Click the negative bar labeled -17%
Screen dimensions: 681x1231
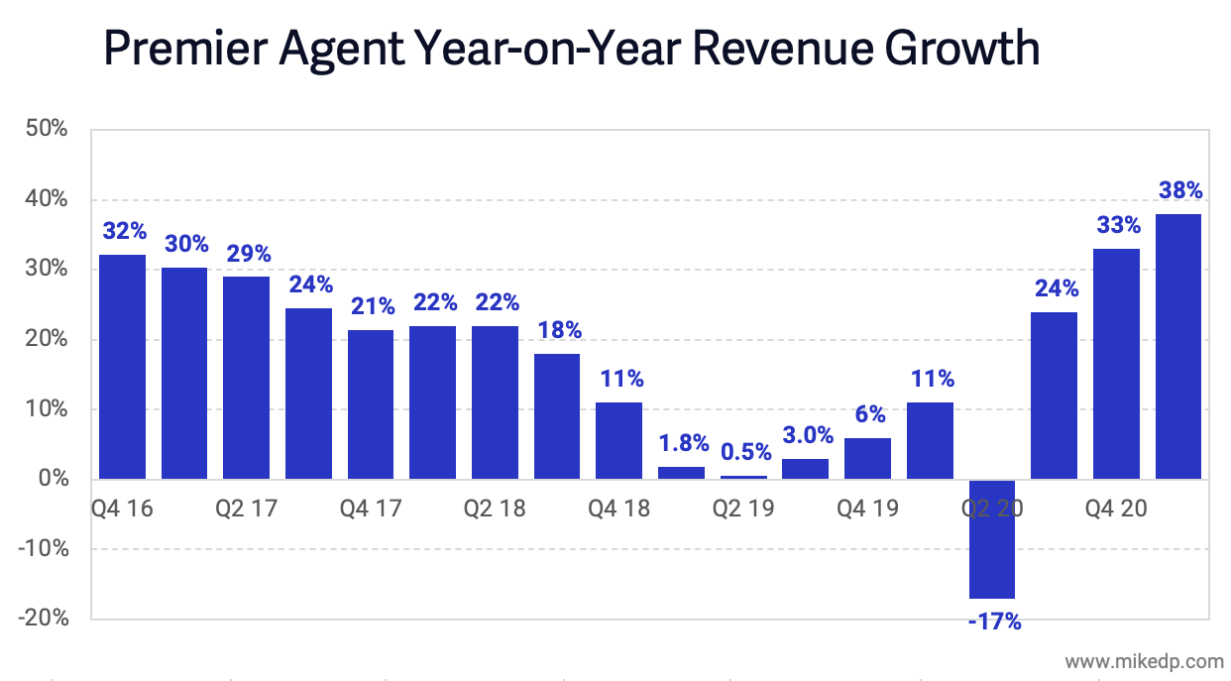point(992,539)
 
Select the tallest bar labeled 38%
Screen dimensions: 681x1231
point(1178,347)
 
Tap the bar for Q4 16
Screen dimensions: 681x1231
point(122,367)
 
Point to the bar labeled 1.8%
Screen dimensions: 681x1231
point(682,473)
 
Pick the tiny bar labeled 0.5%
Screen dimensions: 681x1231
point(743,477)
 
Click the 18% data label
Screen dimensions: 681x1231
point(558,330)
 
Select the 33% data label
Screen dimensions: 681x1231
point(1117,225)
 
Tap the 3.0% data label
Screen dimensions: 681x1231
point(806,435)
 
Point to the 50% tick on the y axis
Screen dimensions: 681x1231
point(48,129)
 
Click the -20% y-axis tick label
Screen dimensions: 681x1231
point(43,619)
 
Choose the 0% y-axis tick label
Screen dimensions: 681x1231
point(54,479)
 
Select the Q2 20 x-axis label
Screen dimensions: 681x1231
point(992,509)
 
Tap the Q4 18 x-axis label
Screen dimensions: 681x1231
point(619,509)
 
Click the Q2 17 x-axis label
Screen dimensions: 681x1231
point(247,509)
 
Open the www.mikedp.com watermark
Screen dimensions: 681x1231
point(1144,660)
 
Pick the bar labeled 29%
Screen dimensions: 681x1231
point(247,378)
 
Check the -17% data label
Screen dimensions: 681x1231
point(992,623)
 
